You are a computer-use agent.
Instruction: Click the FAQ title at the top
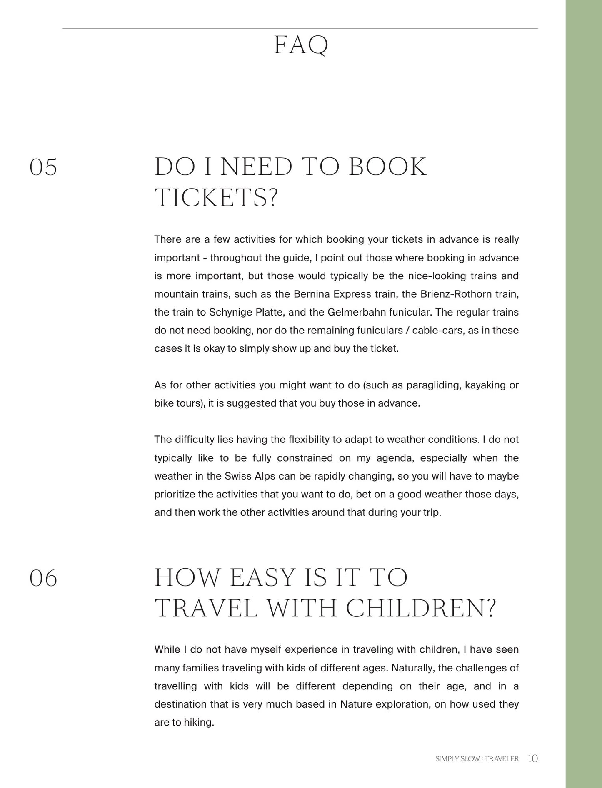click(301, 45)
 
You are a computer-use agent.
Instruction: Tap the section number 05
click(43, 167)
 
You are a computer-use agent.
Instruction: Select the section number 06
click(43, 578)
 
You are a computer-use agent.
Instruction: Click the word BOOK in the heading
click(387, 167)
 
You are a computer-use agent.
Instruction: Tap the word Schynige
click(235, 312)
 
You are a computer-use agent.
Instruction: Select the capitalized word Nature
click(356, 704)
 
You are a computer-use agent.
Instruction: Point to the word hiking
click(199, 723)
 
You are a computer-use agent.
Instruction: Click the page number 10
click(533, 759)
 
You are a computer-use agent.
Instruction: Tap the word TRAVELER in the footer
click(502, 759)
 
